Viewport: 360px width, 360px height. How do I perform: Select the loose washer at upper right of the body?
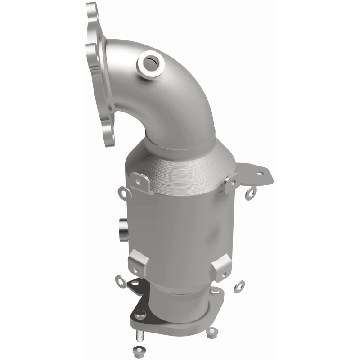tap(251, 192)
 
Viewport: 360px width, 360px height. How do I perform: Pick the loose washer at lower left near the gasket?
tap(121, 281)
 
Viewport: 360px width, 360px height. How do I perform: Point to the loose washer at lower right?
tap(239, 286)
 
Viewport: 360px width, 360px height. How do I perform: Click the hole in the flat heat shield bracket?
tap(260, 172)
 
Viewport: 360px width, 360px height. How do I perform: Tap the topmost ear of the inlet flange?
tap(92, 11)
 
